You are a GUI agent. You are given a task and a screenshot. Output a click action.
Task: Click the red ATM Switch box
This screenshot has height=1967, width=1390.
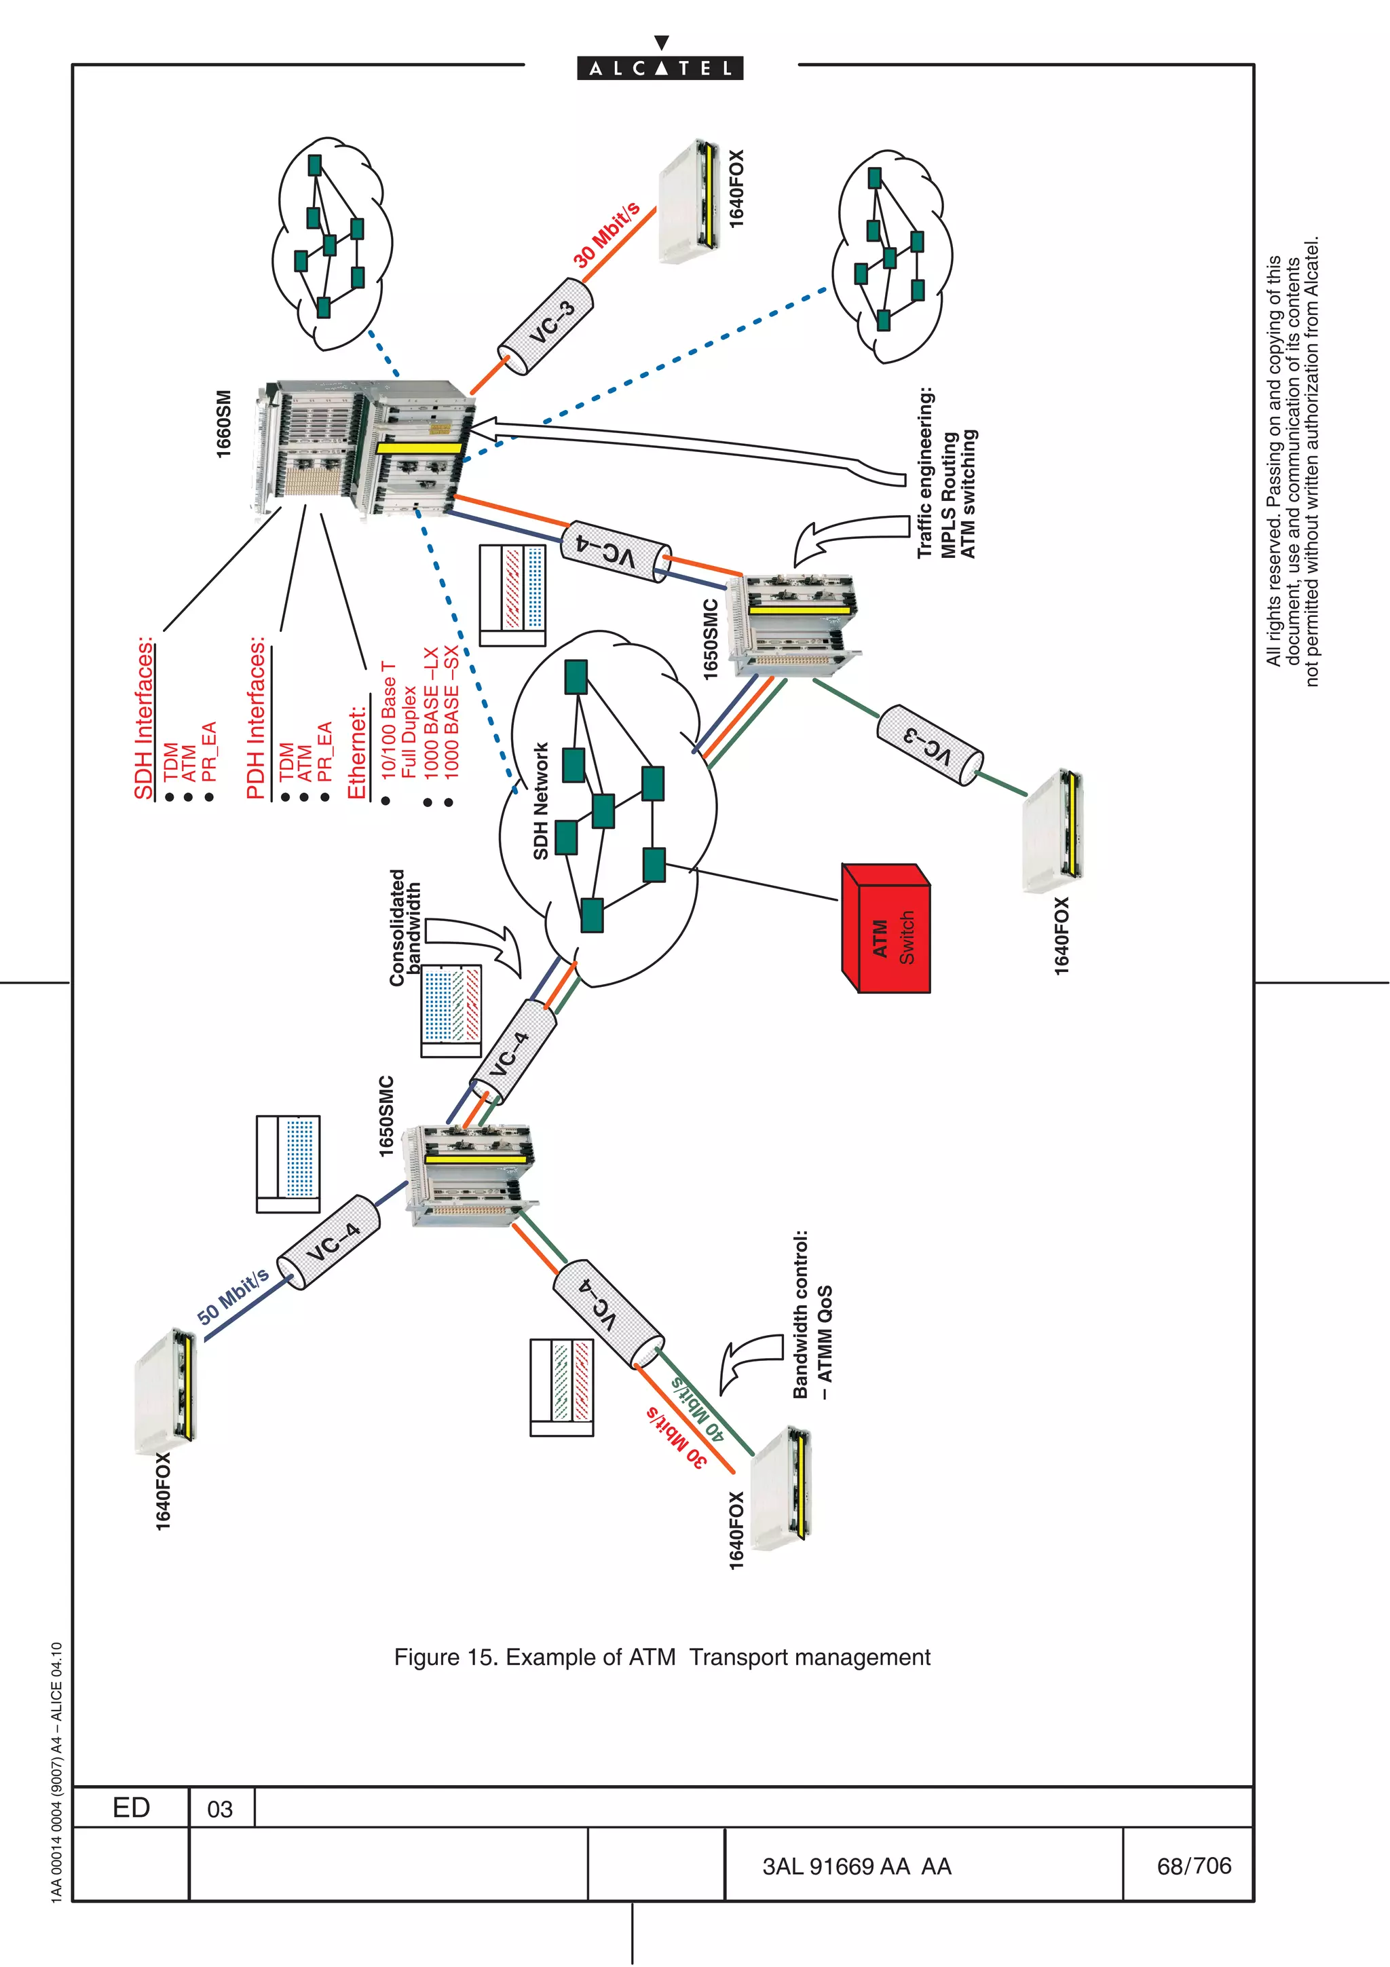886,929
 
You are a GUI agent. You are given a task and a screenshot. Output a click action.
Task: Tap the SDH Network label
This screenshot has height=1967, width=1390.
540,801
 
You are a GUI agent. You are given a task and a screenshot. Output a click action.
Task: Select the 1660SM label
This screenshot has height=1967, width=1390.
223,424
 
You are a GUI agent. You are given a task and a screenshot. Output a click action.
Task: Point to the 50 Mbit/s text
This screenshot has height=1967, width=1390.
233,1296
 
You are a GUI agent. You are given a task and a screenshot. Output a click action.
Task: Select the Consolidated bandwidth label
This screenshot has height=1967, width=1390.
405,927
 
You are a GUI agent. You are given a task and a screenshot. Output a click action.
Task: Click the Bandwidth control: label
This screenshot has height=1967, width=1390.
800,1314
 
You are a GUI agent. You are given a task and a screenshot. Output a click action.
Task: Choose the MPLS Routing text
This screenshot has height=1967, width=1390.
949,495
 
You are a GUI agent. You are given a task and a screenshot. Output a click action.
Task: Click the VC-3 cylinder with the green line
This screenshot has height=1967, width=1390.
929,745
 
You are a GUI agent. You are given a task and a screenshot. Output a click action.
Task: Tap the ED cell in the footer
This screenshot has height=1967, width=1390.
131,1807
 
